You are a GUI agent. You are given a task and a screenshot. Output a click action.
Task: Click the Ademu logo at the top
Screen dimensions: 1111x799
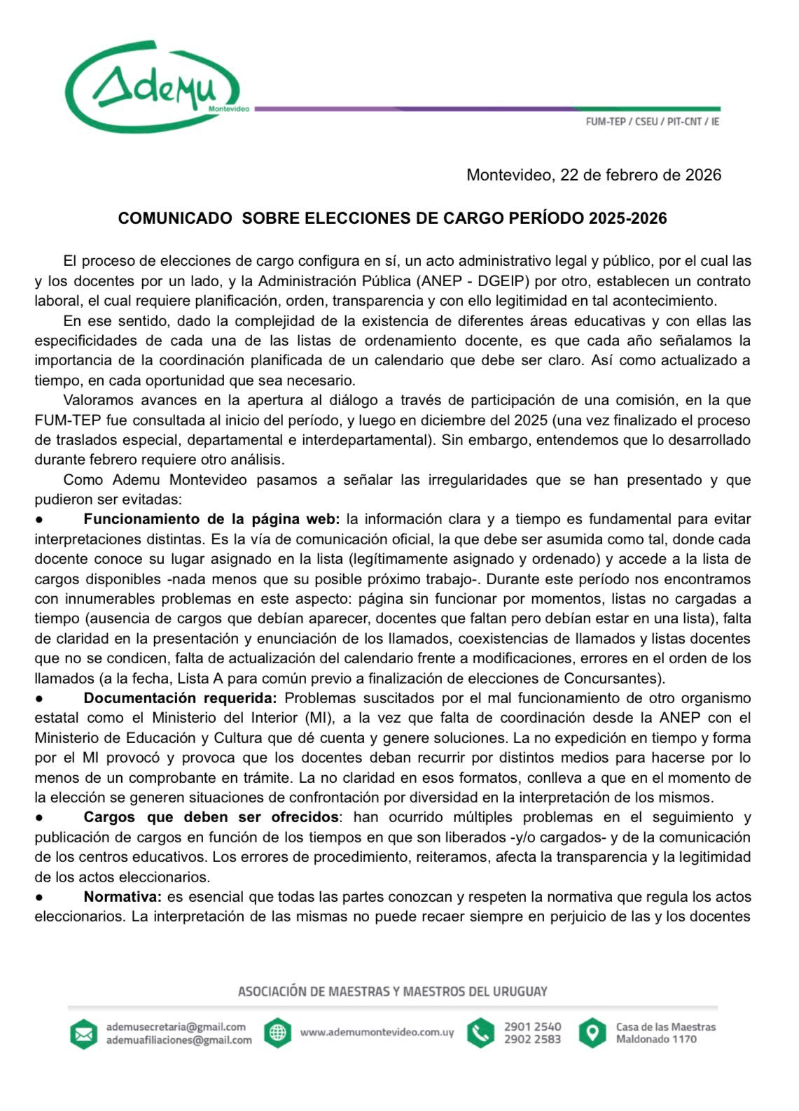pos(153,87)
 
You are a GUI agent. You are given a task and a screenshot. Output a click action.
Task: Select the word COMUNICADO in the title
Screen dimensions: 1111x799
pos(174,218)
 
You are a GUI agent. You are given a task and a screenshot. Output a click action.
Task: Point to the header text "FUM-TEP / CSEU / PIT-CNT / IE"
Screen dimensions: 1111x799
pos(652,122)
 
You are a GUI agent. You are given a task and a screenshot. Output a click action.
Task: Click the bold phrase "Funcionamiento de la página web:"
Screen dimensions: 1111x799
pos(211,519)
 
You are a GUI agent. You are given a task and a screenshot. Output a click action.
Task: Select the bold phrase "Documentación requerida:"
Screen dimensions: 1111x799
pos(180,698)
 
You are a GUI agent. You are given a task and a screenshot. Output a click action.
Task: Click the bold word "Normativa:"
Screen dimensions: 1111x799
pos(123,897)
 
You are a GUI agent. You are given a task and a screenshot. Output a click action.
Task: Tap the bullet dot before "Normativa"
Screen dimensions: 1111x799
pos(40,897)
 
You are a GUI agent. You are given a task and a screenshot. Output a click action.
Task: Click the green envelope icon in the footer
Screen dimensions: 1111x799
pos(83,1033)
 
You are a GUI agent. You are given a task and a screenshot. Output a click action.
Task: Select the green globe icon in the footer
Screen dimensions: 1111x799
pos(277,1033)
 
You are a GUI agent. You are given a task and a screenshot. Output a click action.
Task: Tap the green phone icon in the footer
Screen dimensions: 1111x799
pos(480,1033)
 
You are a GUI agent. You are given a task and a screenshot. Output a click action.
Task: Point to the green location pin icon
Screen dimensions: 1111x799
pos(592,1033)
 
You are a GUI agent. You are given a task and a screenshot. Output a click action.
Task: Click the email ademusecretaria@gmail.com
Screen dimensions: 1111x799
pos(176,1026)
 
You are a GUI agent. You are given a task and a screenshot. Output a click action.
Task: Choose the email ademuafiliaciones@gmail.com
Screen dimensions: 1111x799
pos(179,1040)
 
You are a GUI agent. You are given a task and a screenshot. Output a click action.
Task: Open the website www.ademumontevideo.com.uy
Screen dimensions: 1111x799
pos(377,1033)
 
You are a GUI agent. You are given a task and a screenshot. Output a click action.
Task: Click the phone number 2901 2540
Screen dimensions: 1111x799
pos(532,1026)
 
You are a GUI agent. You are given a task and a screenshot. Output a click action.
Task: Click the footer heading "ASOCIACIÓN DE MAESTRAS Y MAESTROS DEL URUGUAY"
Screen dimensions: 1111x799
pos(392,991)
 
